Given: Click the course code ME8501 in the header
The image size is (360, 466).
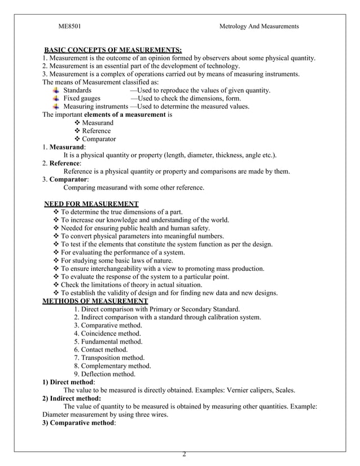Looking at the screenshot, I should point(73,27).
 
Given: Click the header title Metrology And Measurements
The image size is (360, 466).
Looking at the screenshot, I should point(258,27).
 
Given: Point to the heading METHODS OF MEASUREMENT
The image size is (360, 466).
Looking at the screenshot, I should point(95,301).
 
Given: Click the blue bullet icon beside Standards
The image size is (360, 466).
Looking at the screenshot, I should point(56,90).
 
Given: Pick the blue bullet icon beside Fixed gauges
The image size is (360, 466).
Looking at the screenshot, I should point(56,98).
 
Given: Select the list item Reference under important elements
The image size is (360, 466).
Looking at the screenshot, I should point(96,131).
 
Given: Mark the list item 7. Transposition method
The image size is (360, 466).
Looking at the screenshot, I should point(109,358).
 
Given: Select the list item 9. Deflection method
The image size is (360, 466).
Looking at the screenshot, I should point(104,373).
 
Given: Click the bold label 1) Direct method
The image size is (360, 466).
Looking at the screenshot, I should point(68,382).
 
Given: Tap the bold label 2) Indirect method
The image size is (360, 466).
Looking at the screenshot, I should point(72,398).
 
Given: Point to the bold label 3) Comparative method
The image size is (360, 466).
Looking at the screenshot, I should point(79,423).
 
